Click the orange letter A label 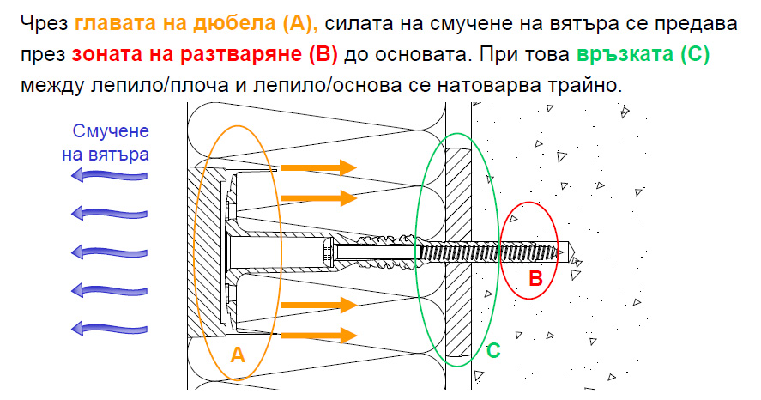point(238,352)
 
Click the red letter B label point(535,278)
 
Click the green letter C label point(492,350)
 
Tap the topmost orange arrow point(318,167)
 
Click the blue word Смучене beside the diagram point(112,131)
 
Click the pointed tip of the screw point(567,252)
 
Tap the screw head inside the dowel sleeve point(329,252)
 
